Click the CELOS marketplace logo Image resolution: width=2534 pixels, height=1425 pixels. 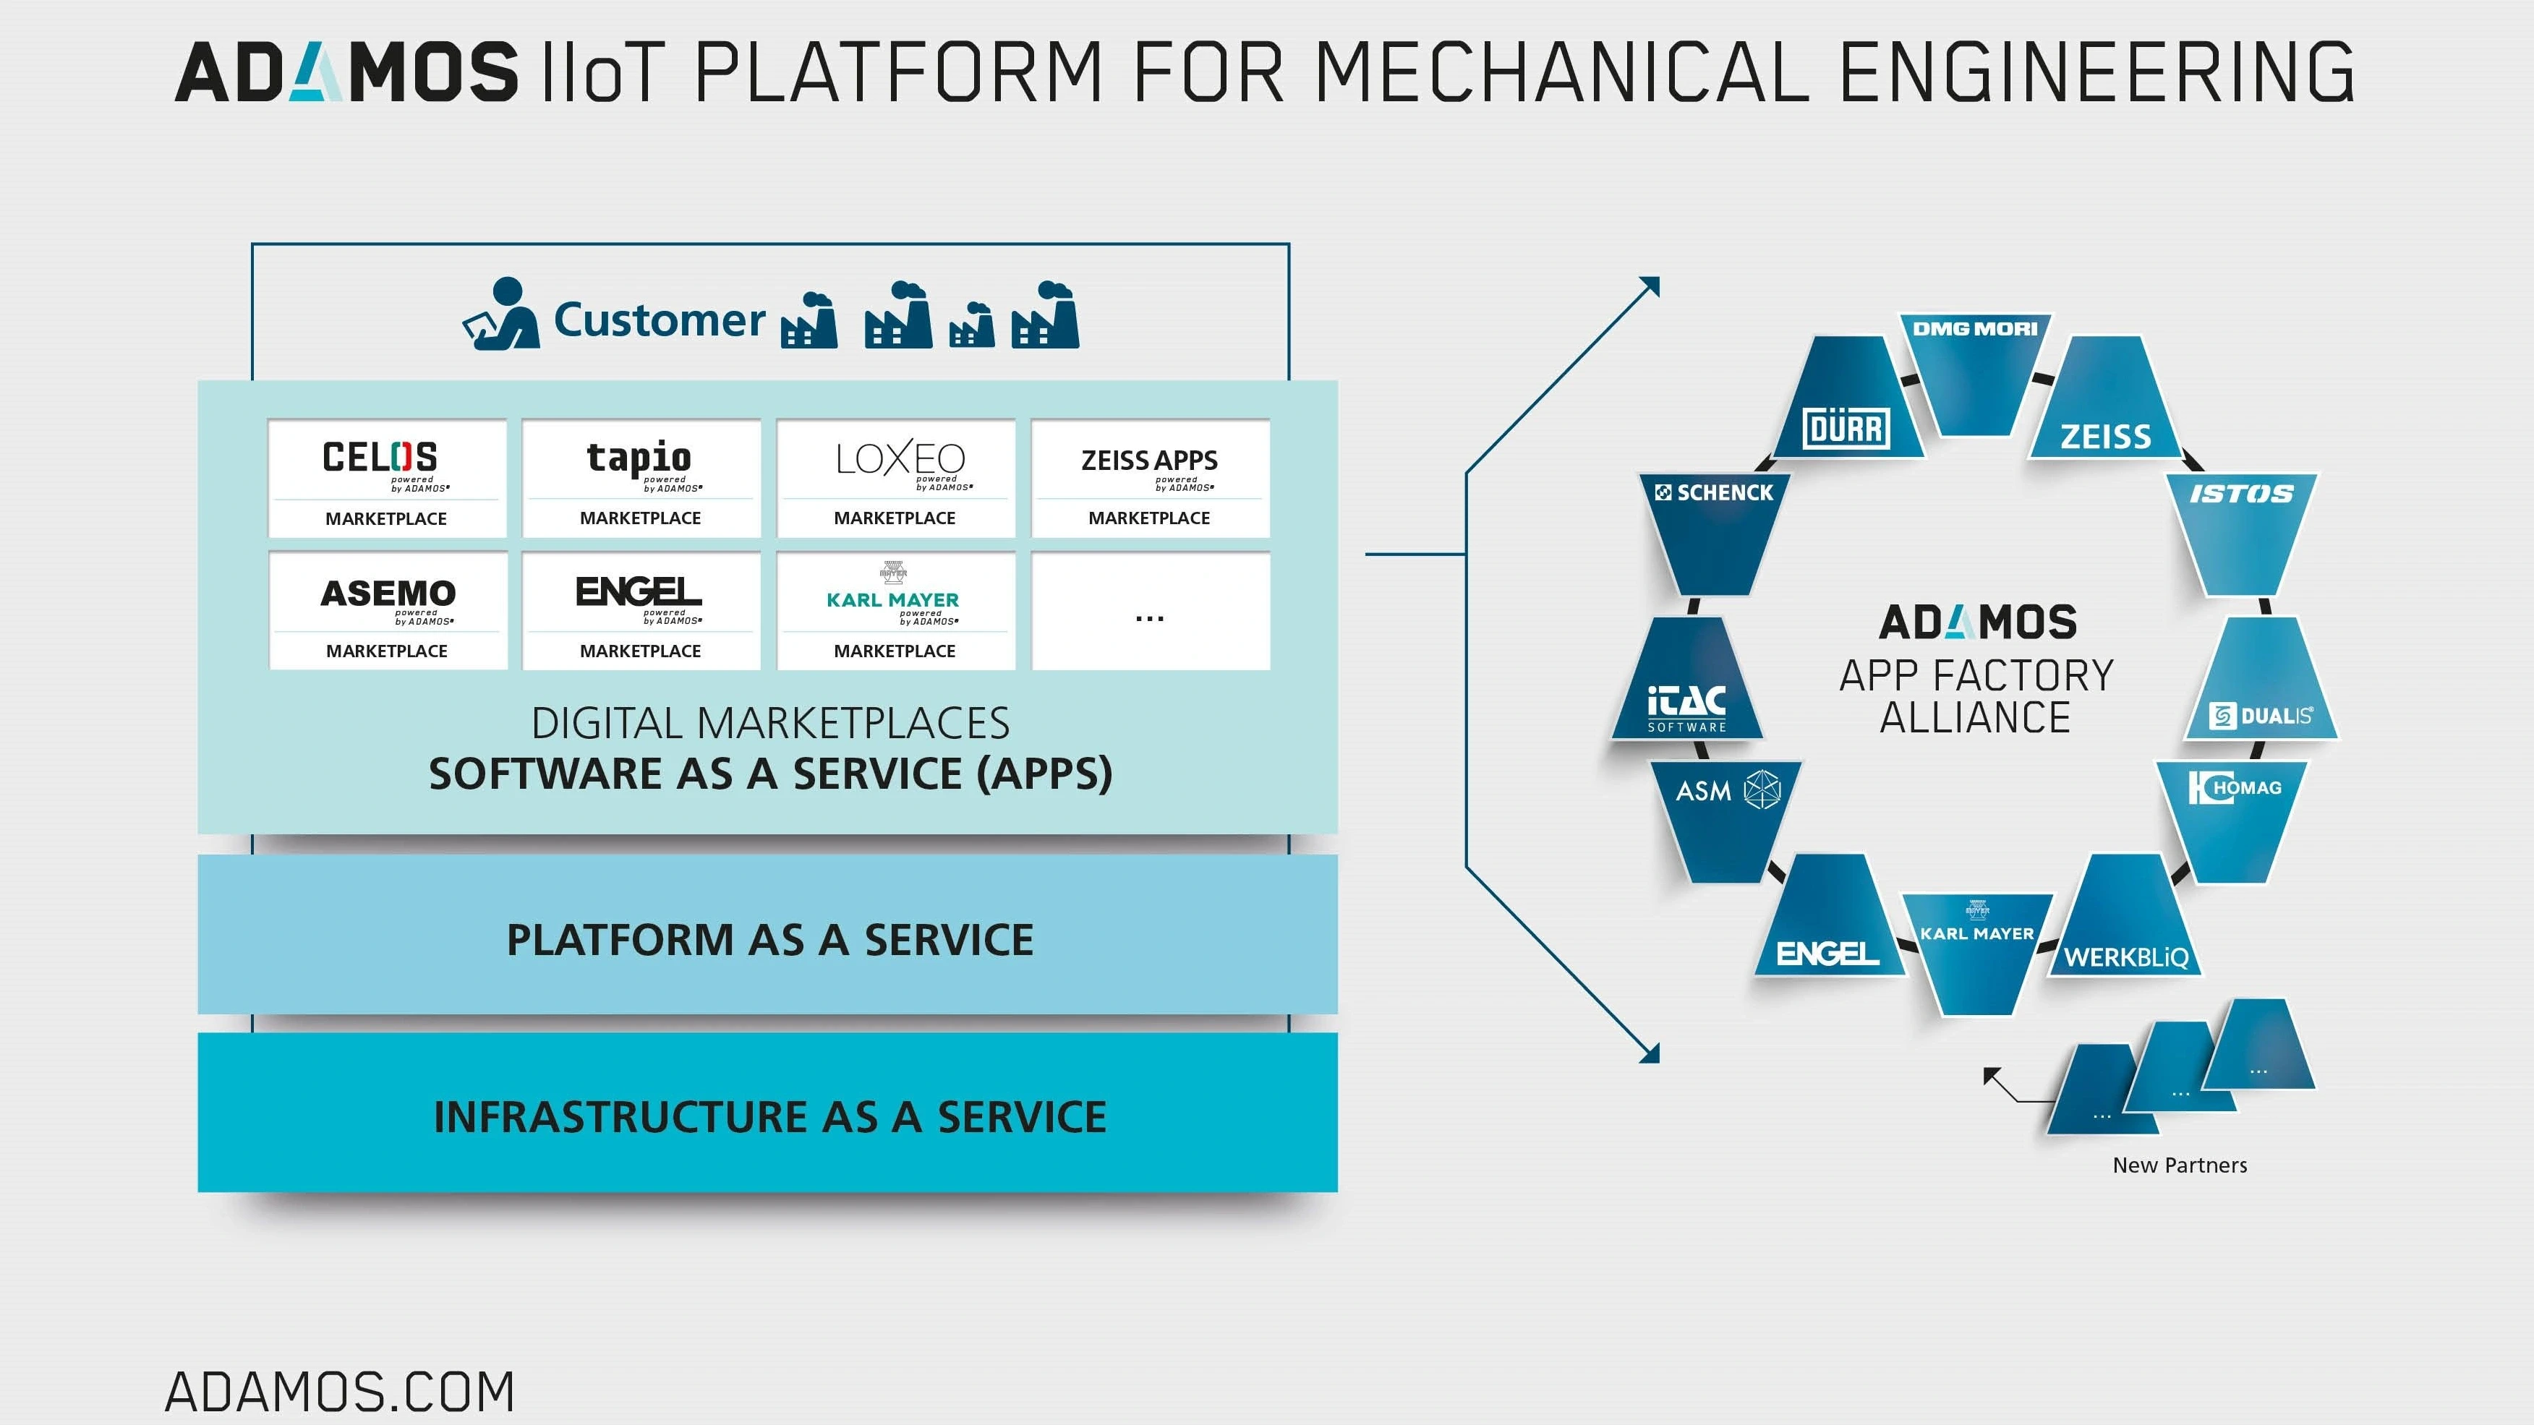(x=380, y=458)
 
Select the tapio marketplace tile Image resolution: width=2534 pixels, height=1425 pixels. (x=641, y=478)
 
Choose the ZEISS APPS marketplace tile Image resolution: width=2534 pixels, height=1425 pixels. (x=1149, y=478)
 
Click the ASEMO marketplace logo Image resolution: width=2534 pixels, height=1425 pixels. (x=388, y=593)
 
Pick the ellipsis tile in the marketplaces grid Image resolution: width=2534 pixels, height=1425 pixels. (x=1149, y=611)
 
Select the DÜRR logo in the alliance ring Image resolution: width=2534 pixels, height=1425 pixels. (x=1846, y=429)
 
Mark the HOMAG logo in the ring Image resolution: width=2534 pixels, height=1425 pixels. (x=2234, y=788)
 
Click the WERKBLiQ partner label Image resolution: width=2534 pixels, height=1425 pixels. (x=2125, y=957)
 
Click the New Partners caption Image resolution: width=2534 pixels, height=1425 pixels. (x=2179, y=1165)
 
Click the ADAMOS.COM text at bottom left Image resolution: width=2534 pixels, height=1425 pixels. (x=339, y=1392)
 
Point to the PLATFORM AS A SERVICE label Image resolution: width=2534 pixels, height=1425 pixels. (x=769, y=939)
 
